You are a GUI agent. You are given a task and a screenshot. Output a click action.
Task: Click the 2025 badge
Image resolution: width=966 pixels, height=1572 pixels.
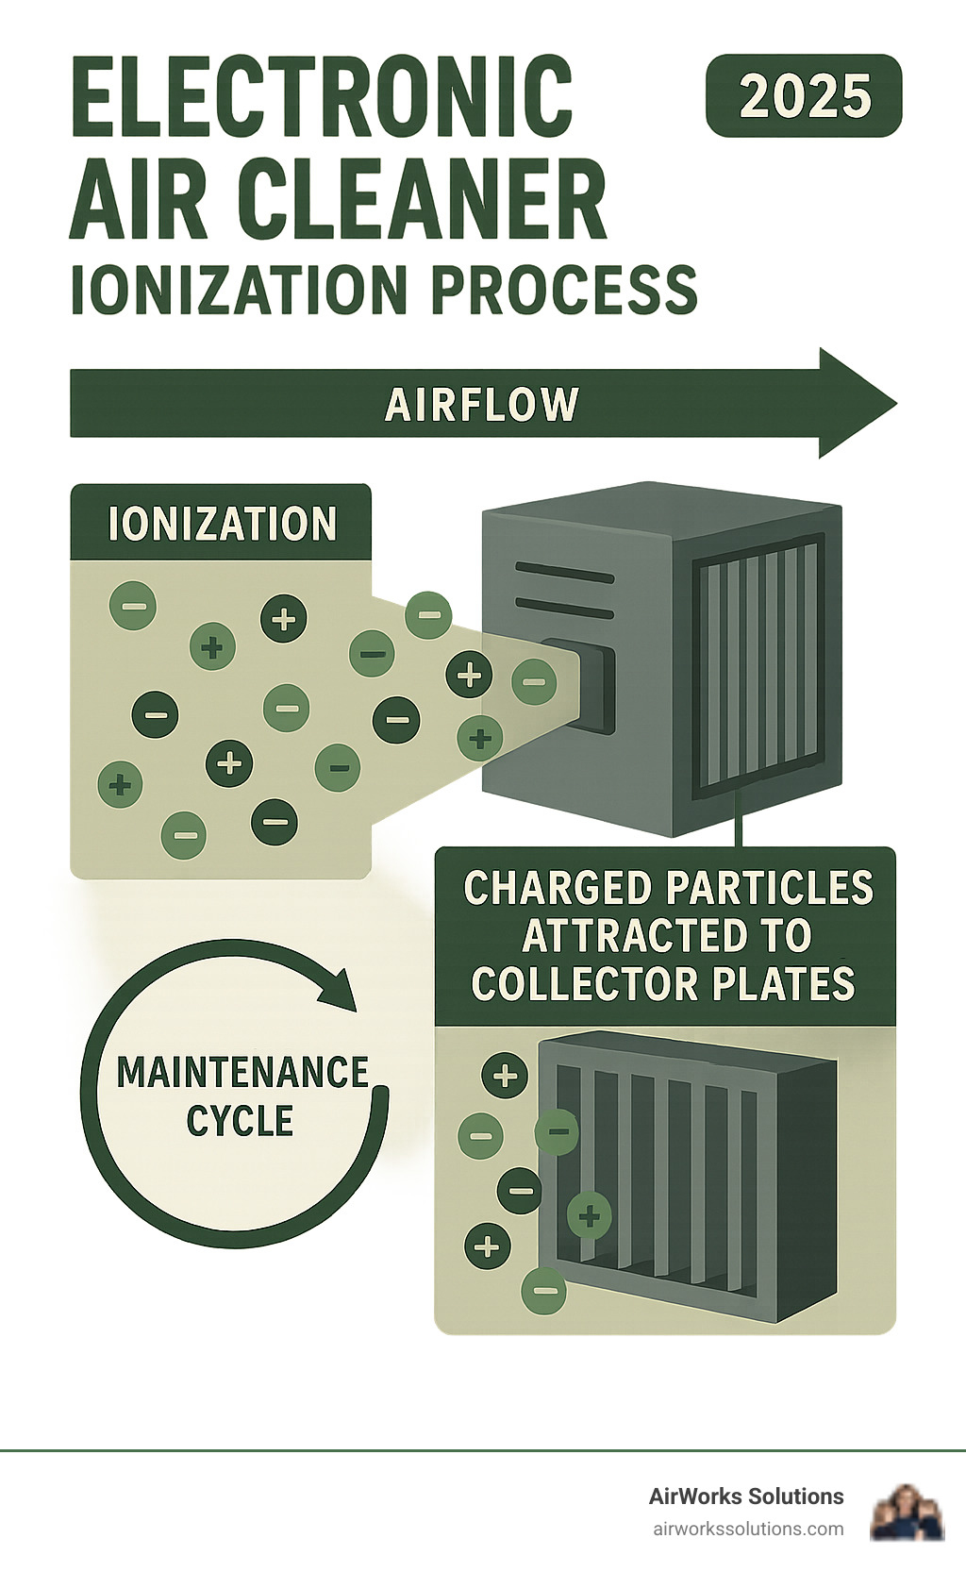[804, 96]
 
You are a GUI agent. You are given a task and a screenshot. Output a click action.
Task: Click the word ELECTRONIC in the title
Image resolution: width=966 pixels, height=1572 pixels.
[322, 97]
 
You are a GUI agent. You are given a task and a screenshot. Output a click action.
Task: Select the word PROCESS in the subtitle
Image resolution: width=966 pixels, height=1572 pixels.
[565, 290]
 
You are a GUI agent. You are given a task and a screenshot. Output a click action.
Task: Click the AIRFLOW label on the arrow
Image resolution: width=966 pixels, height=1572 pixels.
[481, 405]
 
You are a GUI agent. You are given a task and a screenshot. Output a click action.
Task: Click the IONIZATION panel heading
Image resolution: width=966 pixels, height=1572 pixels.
[222, 524]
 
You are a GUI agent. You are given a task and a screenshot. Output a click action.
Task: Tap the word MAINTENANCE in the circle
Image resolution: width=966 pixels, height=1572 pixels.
[242, 1073]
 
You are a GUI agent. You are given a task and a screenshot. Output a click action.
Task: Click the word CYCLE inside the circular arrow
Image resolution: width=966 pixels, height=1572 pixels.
[240, 1121]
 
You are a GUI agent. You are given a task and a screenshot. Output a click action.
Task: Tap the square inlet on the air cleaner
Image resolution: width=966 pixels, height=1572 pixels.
[580, 683]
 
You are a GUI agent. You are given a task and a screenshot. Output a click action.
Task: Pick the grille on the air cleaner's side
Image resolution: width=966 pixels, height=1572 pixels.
[758, 667]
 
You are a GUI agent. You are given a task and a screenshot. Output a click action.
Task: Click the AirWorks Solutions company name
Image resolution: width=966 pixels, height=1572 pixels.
[746, 1497]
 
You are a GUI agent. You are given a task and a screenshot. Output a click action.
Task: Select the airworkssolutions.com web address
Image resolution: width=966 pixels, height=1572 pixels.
[748, 1529]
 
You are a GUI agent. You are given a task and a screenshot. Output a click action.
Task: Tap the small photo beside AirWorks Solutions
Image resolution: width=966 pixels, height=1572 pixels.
[907, 1512]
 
